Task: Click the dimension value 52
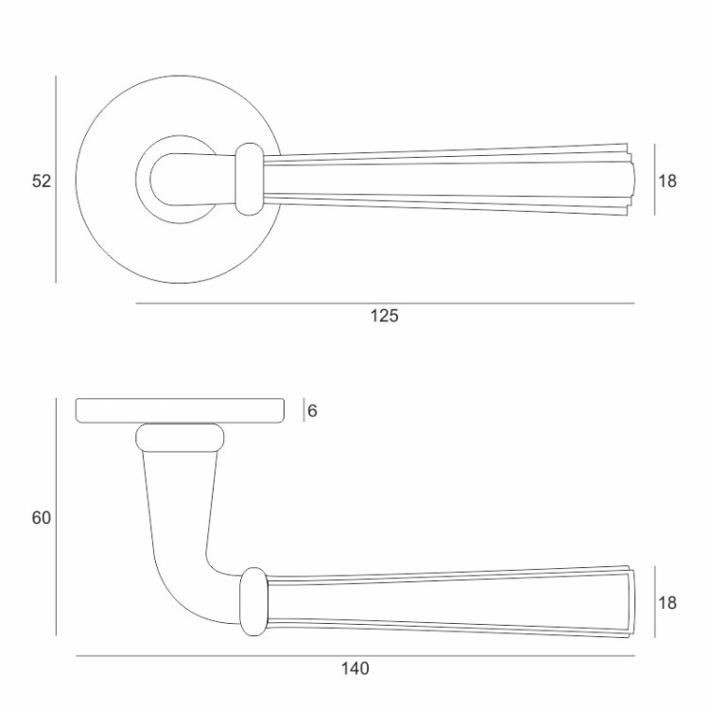[x=42, y=181]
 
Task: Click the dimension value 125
[x=385, y=316]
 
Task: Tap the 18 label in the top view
[x=667, y=181]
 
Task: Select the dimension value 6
[x=312, y=410]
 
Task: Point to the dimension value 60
[x=42, y=518]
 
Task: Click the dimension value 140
[x=354, y=668]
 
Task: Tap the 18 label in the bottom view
[x=667, y=603]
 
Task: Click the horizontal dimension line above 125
[x=386, y=303]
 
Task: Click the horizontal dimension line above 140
[x=355, y=656]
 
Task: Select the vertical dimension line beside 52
[x=56, y=180]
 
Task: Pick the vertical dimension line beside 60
[x=56, y=517]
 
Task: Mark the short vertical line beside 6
[x=303, y=410]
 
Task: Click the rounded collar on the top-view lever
[x=250, y=179]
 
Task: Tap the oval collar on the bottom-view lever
[x=253, y=602]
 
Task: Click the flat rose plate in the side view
[x=180, y=410]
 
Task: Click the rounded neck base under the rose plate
[x=180, y=438]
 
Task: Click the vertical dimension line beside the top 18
[x=655, y=180]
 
